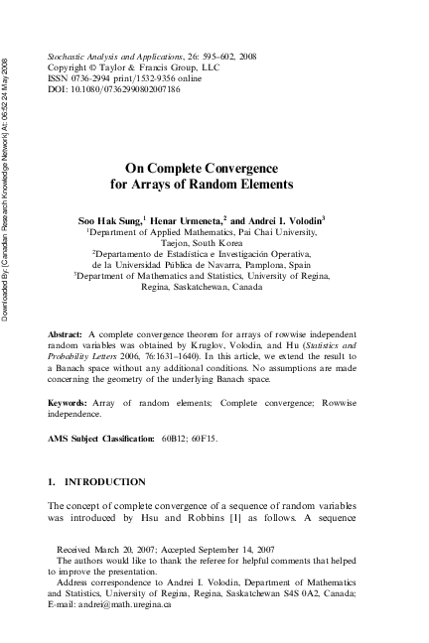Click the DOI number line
point(114,89)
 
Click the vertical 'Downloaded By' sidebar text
point(8,179)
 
